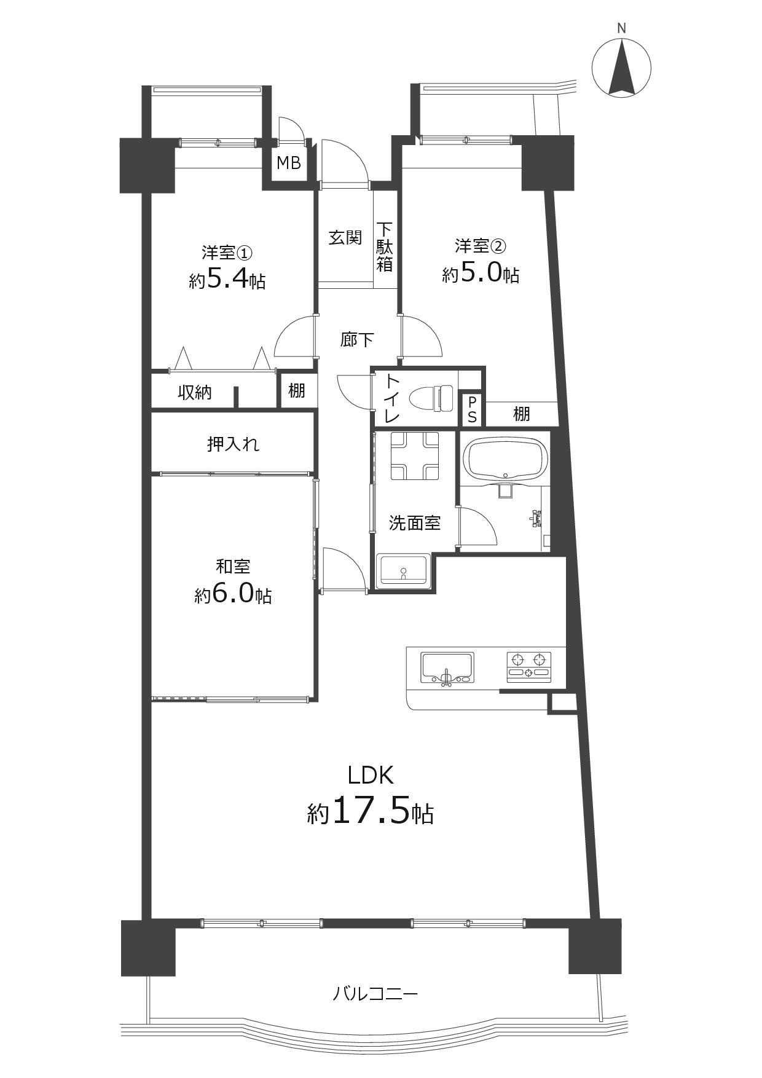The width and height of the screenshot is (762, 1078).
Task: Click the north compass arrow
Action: click(x=621, y=68)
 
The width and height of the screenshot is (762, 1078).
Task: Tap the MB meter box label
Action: click(x=289, y=163)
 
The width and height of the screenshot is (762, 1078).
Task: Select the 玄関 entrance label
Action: click(x=345, y=238)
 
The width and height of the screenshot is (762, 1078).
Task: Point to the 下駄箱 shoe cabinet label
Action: click(x=385, y=246)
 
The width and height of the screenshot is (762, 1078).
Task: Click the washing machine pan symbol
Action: click(x=415, y=455)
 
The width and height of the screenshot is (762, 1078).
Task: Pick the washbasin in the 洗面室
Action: click(x=404, y=570)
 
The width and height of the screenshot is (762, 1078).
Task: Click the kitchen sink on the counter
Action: click(x=447, y=667)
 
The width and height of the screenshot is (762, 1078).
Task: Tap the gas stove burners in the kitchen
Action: click(x=528, y=666)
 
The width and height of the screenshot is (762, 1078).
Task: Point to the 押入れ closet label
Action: click(x=234, y=444)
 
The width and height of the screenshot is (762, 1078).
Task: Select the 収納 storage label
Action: click(x=195, y=392)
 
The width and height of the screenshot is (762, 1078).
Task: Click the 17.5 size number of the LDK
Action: click(x=371, y=812)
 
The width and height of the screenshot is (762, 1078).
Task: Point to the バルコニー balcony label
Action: click(x=375, y=993)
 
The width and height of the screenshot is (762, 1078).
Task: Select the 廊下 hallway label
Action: click(x=357, y=339)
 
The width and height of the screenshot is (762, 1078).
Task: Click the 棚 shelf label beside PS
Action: click(x=522, y=414)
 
